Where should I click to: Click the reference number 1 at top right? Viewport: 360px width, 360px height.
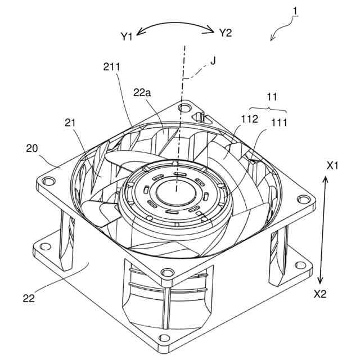point(295,11)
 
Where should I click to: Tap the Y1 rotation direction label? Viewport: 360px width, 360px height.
point(126,37)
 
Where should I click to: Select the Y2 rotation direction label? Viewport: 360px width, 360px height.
point(225,33)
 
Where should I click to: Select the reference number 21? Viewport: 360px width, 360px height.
point(69,123)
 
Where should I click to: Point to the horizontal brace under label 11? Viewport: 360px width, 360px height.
point(268,109)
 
